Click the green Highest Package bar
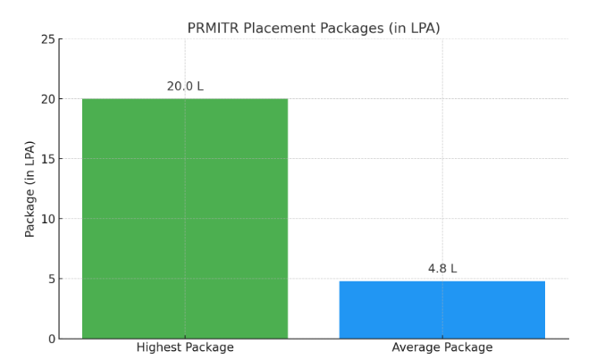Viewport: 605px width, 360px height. pos(185,218)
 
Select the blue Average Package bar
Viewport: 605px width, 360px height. pos(441,310)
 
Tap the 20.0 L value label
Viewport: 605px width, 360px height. pos(185,87)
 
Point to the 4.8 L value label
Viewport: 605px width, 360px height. pos(441,269)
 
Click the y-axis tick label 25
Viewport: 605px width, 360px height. pos(47,39)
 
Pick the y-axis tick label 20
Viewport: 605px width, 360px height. pos(47,99)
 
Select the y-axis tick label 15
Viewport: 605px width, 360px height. pos(47,159)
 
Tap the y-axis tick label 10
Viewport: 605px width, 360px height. pos(47,219)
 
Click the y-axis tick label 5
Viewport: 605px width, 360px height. pos(51,279)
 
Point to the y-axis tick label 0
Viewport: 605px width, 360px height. pos(51,339)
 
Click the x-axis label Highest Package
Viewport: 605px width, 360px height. pos(185,347)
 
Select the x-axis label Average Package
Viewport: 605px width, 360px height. pos(441,347)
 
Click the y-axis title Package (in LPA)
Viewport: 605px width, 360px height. pos(30,188)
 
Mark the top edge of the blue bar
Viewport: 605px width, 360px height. pos(441,281)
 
